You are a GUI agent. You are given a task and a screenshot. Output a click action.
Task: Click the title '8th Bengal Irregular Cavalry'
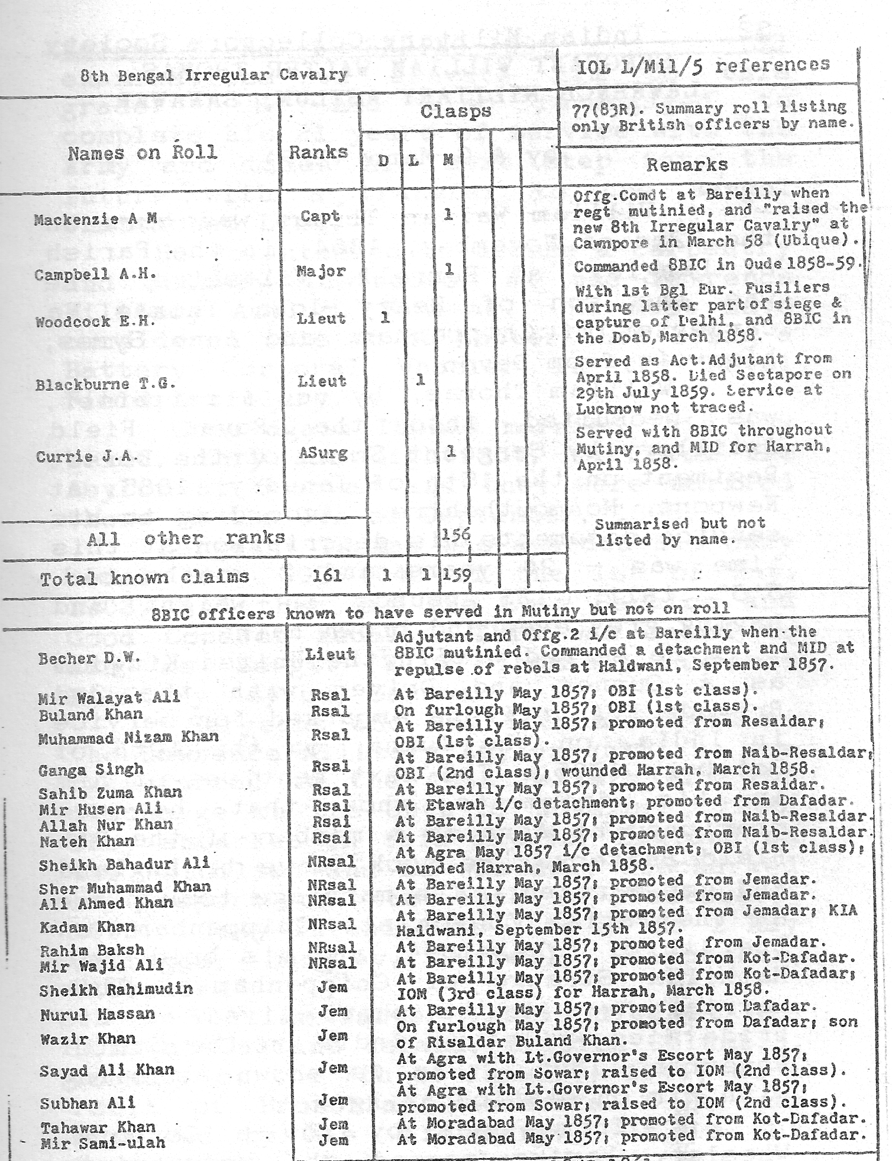214,75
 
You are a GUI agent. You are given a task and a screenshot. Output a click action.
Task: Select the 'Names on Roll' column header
143,153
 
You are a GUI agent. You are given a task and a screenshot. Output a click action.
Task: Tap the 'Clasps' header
455,112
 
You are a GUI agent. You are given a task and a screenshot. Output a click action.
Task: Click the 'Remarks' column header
687,164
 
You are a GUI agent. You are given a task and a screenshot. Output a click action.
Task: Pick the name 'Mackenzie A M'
95,220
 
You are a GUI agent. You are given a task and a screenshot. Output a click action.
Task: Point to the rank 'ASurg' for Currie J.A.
323,454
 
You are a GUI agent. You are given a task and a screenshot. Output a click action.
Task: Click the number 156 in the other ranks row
456,535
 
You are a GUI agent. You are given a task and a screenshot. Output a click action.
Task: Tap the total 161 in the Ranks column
326,575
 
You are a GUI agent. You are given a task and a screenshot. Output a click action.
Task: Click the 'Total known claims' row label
144,577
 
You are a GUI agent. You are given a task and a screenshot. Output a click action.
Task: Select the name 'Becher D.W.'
81,658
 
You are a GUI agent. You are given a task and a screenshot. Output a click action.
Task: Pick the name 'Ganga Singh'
91,770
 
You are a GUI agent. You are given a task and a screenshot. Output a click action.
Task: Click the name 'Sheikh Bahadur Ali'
124,864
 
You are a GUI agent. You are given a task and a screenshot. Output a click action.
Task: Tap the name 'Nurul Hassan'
98,1015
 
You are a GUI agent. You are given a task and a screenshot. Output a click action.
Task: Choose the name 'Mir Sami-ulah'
102,1143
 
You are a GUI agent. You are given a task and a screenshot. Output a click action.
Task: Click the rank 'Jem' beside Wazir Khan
333,1036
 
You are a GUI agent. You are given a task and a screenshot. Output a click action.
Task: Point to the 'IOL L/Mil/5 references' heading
703,65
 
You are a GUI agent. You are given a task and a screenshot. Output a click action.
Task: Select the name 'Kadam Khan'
87,927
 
